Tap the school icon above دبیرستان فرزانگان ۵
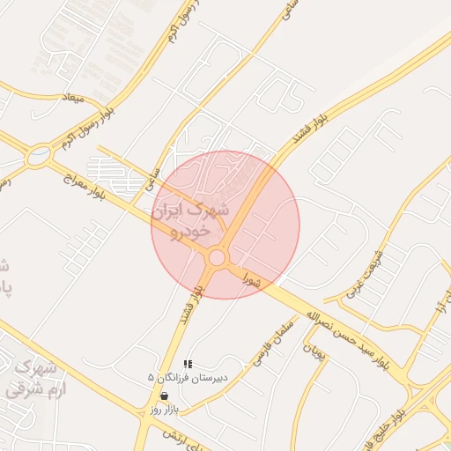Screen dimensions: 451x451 click(x=187, y=364)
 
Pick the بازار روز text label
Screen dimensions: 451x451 click(x=164, y=410)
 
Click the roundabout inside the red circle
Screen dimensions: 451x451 click(x=218, y=257)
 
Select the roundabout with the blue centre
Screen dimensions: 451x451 click(x=38, y=158)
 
